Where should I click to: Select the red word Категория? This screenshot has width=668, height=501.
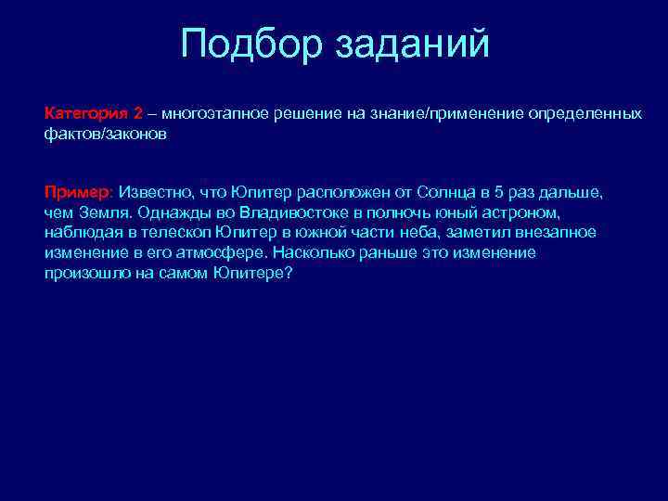(86, 113)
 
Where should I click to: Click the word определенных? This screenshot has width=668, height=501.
(584, 113)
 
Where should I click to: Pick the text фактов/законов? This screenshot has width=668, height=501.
(106, 134)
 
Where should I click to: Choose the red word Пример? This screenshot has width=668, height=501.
(76, 192)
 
